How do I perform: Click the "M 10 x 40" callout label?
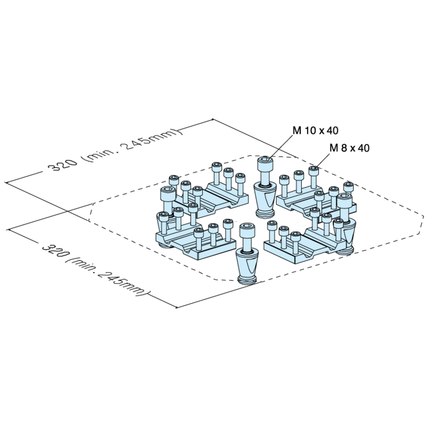(315, 130)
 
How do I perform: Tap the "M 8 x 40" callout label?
(350, 148)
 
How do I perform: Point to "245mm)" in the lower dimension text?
(124, 283)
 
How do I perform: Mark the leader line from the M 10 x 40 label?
(281, 146)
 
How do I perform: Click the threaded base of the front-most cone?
(247, 280)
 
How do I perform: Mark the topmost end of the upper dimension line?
(212, 120)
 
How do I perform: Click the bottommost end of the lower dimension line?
(177, 308)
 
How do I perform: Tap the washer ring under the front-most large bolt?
(248, 253)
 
